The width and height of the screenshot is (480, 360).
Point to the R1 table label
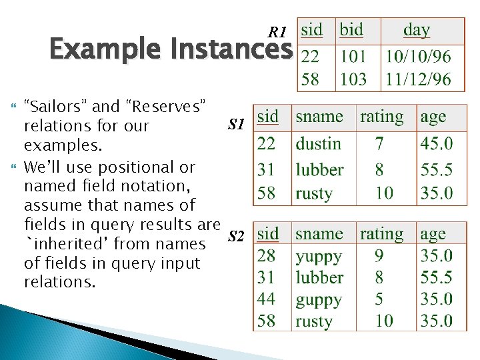277,32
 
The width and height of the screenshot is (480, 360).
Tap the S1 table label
237,123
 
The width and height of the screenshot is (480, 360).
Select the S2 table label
237,235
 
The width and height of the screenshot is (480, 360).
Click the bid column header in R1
351,30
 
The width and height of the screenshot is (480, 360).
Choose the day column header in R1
417,30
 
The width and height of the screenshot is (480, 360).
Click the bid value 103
353,79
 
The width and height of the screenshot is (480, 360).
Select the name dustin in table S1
319,143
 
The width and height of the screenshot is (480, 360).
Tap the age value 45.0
436,143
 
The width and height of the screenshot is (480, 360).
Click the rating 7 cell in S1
379,143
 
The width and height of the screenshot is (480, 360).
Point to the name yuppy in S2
319,256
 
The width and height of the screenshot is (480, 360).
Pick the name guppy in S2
319,299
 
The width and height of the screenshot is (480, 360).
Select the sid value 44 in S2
267,299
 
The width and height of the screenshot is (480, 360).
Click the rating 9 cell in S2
379,256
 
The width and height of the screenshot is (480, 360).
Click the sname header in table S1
319,117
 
